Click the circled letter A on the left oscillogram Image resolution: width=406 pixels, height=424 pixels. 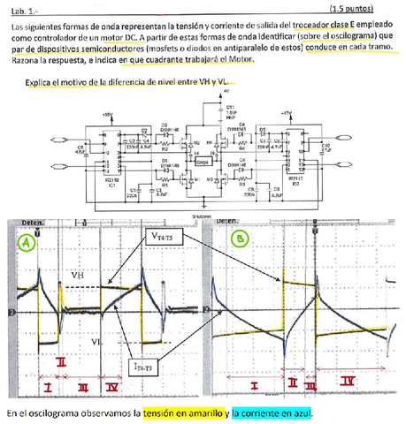point(27,241)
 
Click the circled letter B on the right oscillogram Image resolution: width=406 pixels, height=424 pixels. point(240,238)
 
